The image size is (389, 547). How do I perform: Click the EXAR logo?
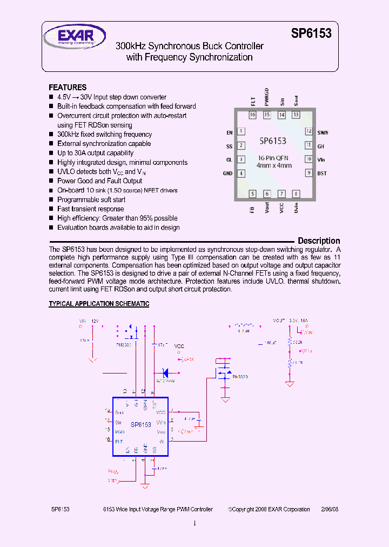69,38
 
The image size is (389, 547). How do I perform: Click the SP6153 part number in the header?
311,34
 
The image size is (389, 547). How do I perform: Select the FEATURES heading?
68,87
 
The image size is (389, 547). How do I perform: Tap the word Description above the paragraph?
319,241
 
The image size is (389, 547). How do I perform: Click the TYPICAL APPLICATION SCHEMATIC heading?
99,304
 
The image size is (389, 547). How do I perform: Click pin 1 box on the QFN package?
241,131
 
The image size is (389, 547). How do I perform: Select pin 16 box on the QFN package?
252,115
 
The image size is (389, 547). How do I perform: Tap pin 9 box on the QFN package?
308,173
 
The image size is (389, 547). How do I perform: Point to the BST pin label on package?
322,174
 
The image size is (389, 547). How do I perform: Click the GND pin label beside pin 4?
227,174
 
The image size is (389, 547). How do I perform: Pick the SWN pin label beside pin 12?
323,132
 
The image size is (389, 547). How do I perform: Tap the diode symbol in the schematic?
166,372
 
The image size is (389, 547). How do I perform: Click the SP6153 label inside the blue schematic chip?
140,425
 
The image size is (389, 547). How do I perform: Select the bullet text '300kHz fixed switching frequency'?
105,134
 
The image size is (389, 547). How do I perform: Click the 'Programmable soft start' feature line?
91,199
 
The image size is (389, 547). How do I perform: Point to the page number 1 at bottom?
194,523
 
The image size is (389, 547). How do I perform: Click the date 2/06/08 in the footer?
330,509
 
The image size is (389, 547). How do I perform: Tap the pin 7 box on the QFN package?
281,194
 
